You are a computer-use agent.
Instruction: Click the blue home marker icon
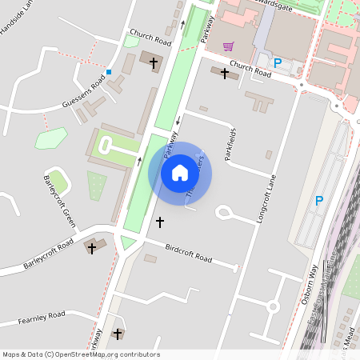180,173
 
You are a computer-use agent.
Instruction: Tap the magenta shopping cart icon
229,46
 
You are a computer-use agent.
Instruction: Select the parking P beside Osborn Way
318,201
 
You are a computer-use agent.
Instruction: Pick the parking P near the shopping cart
278,63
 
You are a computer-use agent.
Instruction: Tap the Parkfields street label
231,145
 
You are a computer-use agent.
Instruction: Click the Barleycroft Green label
58,199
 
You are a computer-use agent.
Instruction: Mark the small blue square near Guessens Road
109,73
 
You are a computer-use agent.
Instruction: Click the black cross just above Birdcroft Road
159,222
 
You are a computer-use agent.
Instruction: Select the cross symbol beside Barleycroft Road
91,249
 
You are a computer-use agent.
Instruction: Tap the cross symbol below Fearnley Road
118,334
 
